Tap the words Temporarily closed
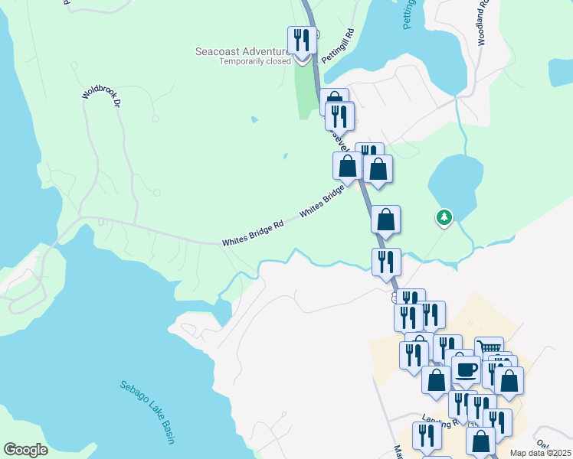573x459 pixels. [255, 61]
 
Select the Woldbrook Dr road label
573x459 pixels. [103, 96]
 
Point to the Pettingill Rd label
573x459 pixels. [338, 47]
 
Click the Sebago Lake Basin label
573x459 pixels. [148, 412]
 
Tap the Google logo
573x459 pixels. [25, 450]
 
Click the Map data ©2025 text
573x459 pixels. [540, 453]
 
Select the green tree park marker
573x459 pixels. [444, 218]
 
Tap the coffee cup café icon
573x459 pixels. [465, 370]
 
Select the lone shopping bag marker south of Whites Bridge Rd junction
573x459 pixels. [385, 220]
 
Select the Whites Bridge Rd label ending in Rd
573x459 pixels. [254, 233]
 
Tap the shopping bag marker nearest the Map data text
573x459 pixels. [481, 441]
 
